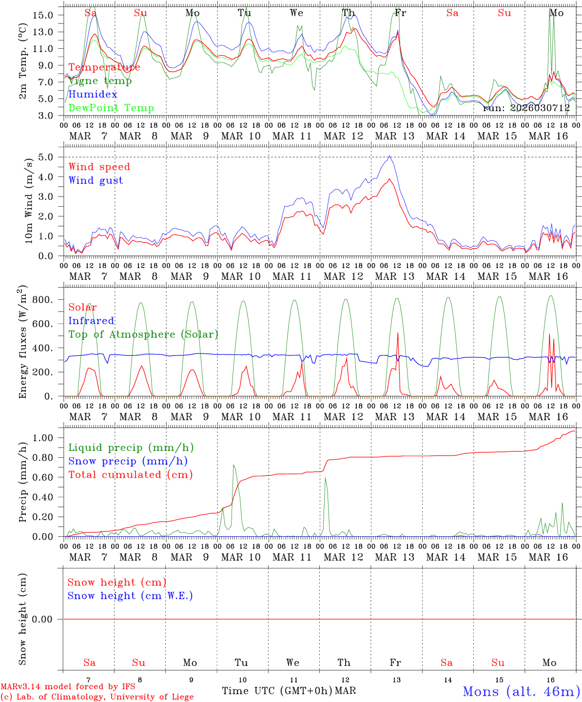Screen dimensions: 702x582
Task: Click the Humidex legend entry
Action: pos(93,95)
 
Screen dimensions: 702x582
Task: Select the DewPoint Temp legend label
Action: pos(111,108)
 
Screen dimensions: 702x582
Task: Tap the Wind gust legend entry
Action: pos(96,180)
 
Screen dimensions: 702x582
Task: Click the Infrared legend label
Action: pos(91,321)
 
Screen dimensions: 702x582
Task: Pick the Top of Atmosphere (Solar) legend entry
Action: pos(143,334)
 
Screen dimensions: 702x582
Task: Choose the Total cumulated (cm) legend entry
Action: pos(130,475)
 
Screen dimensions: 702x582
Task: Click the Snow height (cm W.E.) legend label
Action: pos(130,596)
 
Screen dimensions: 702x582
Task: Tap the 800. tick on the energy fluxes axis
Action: pos(49,300)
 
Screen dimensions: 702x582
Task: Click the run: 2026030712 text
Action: pos(526,108)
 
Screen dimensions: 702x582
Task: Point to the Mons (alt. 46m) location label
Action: pos(521,691)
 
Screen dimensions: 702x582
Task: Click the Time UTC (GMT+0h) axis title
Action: pos(277,691)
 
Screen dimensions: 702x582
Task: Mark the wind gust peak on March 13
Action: pos(389,156)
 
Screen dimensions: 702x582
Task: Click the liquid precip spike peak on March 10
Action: pos(234,465)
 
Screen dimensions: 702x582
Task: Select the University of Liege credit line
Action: pos(97,697)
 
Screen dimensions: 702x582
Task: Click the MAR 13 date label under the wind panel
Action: pos(394,276)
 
